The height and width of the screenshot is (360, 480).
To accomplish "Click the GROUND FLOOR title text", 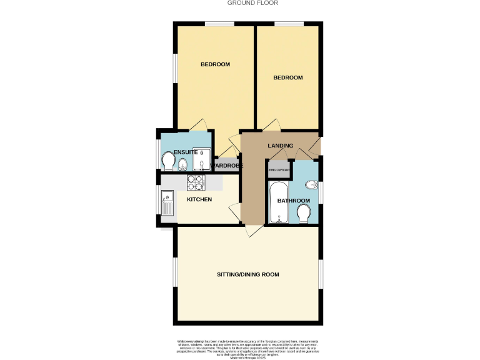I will (x=253, y=3).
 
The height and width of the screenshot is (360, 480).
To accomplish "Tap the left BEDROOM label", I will (x=215, y=64).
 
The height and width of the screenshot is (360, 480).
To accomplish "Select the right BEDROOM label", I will (x=288, y=77).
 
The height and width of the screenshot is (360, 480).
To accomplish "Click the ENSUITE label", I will (x=186, y=152).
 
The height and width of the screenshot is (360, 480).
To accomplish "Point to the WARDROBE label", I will (x=229, y=166).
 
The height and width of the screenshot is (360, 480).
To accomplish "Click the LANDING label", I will (x=280, y=146).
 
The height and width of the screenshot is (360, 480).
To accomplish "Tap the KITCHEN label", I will (x=199, y=199).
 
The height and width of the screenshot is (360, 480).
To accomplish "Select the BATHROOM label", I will (x=293, y=201).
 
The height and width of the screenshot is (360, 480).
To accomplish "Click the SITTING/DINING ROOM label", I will (x=247, y=274).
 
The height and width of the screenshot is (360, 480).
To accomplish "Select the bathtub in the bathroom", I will (x=277, y=202).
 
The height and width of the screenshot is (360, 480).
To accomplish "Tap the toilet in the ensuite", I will (x=167, y=161).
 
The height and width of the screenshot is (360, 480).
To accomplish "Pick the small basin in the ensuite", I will (x=182, y=165).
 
